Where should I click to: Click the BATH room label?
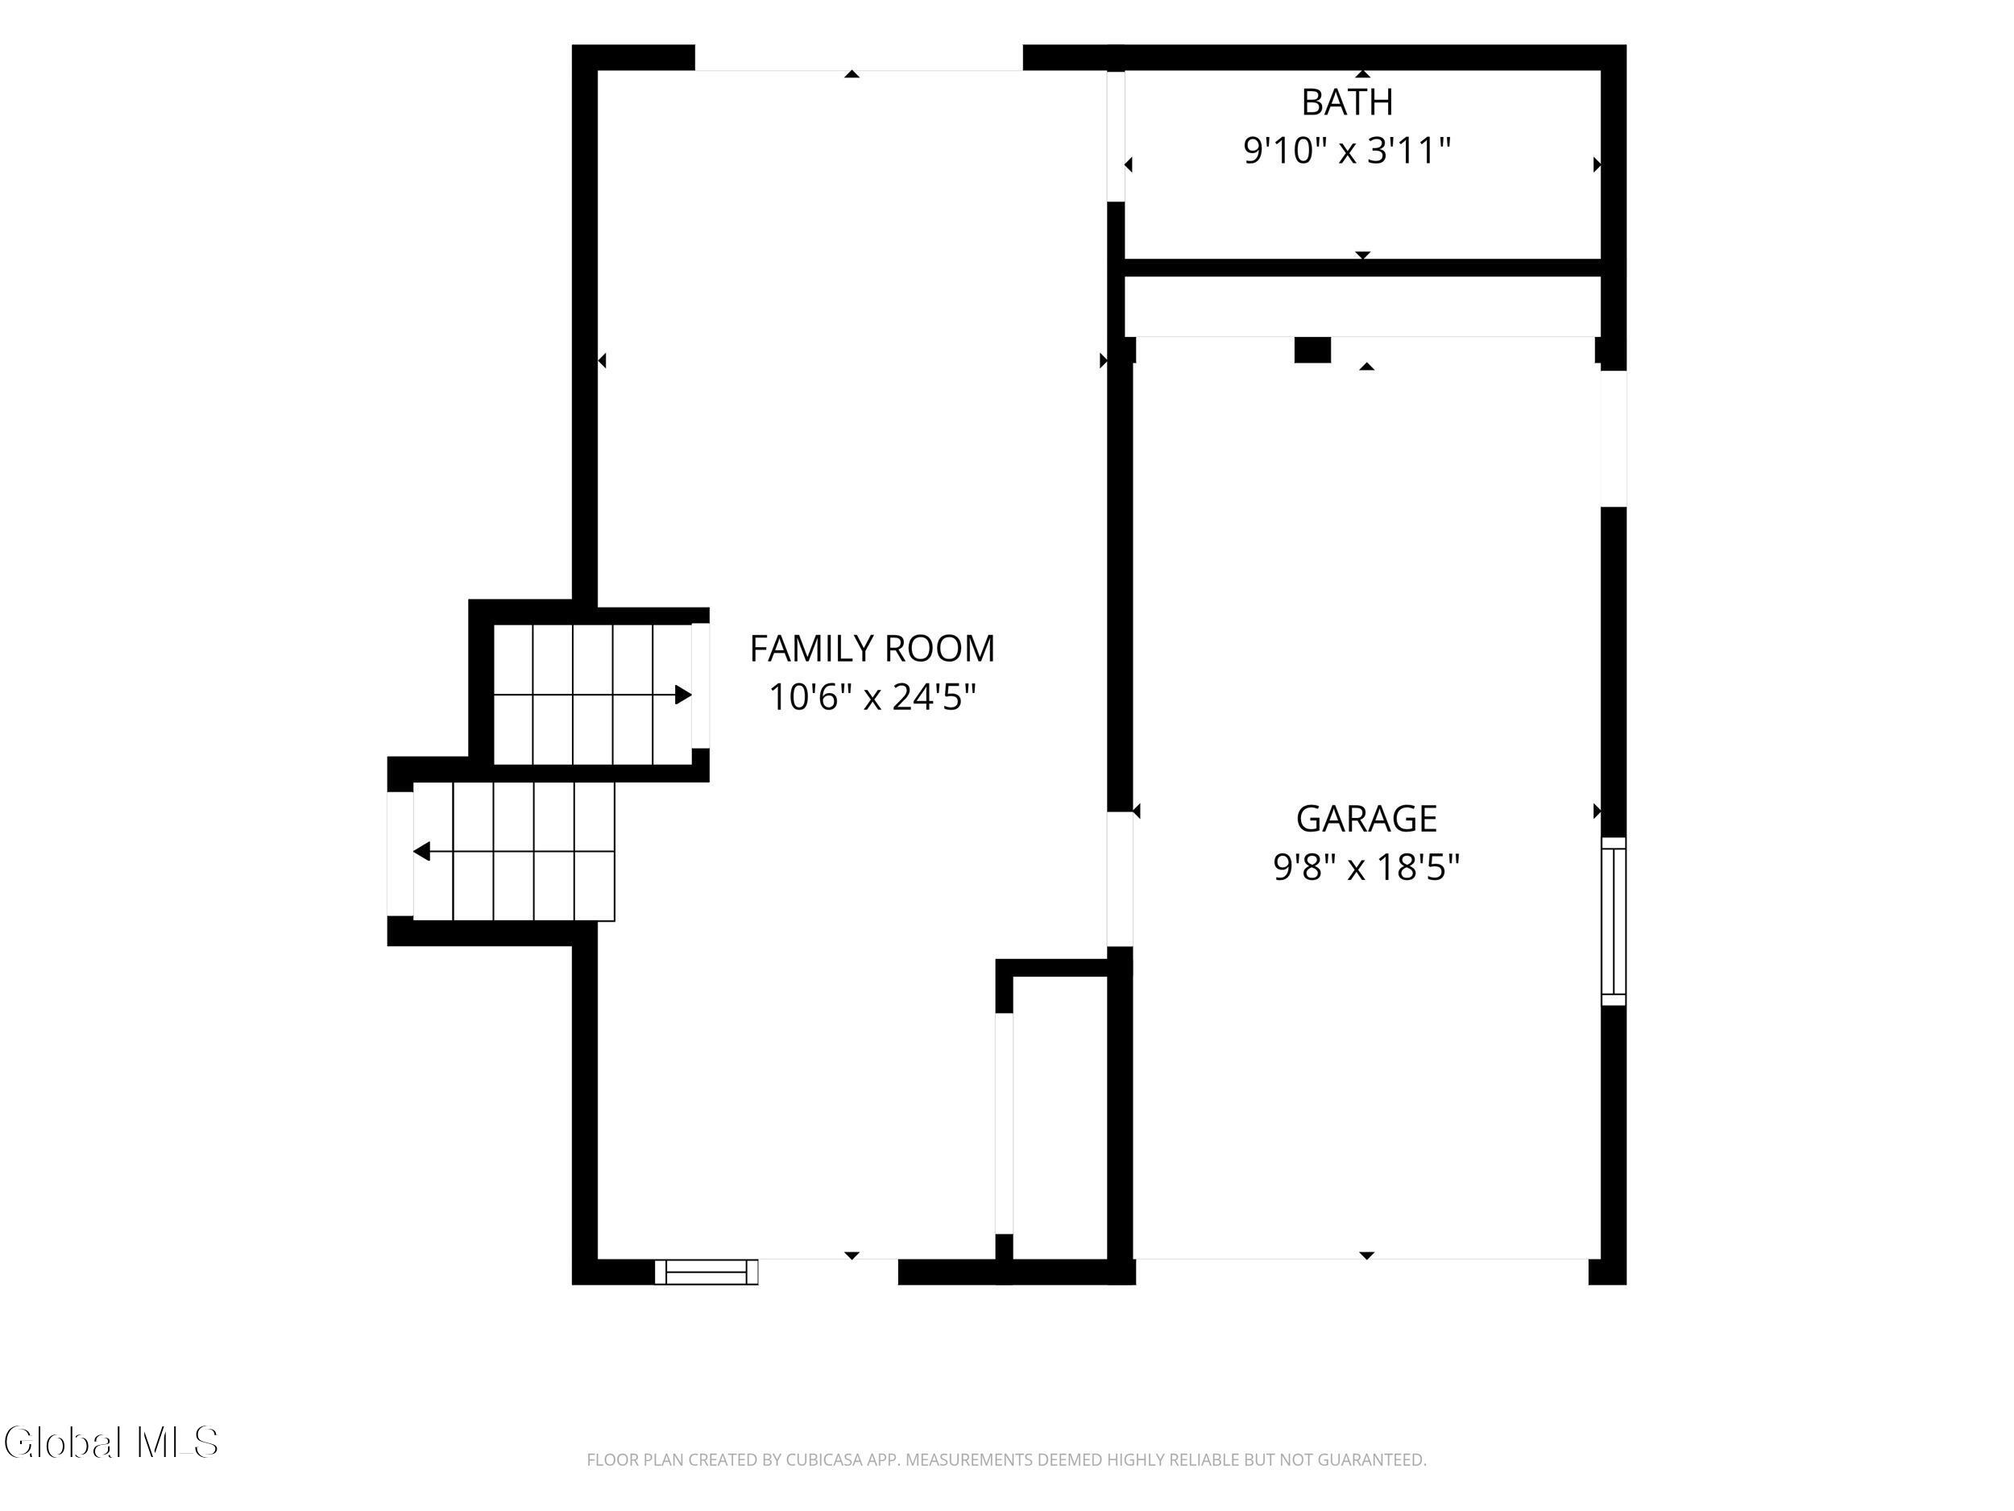tap(1347, 102)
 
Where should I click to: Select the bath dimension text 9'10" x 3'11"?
tap(1347, 150)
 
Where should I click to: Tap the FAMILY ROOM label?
tap(872, 649)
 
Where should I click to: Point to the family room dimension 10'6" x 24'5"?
tap(872, 698)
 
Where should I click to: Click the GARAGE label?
tap(1366, 819)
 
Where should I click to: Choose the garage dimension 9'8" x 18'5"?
tap(1366, 867)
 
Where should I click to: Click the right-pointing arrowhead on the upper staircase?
tap(683, 695)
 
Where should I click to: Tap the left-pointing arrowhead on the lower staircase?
tap(421, 852)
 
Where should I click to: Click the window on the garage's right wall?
tap(1614, 922)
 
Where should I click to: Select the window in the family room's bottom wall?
tap(707, 1272)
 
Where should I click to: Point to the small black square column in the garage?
tap(1312, 350)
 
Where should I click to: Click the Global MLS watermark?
tap(111, 1443)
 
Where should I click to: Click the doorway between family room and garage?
tap(1120, 879)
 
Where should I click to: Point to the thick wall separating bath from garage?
tap(1363, 268)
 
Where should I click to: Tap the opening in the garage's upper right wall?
tap(1614, 438)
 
